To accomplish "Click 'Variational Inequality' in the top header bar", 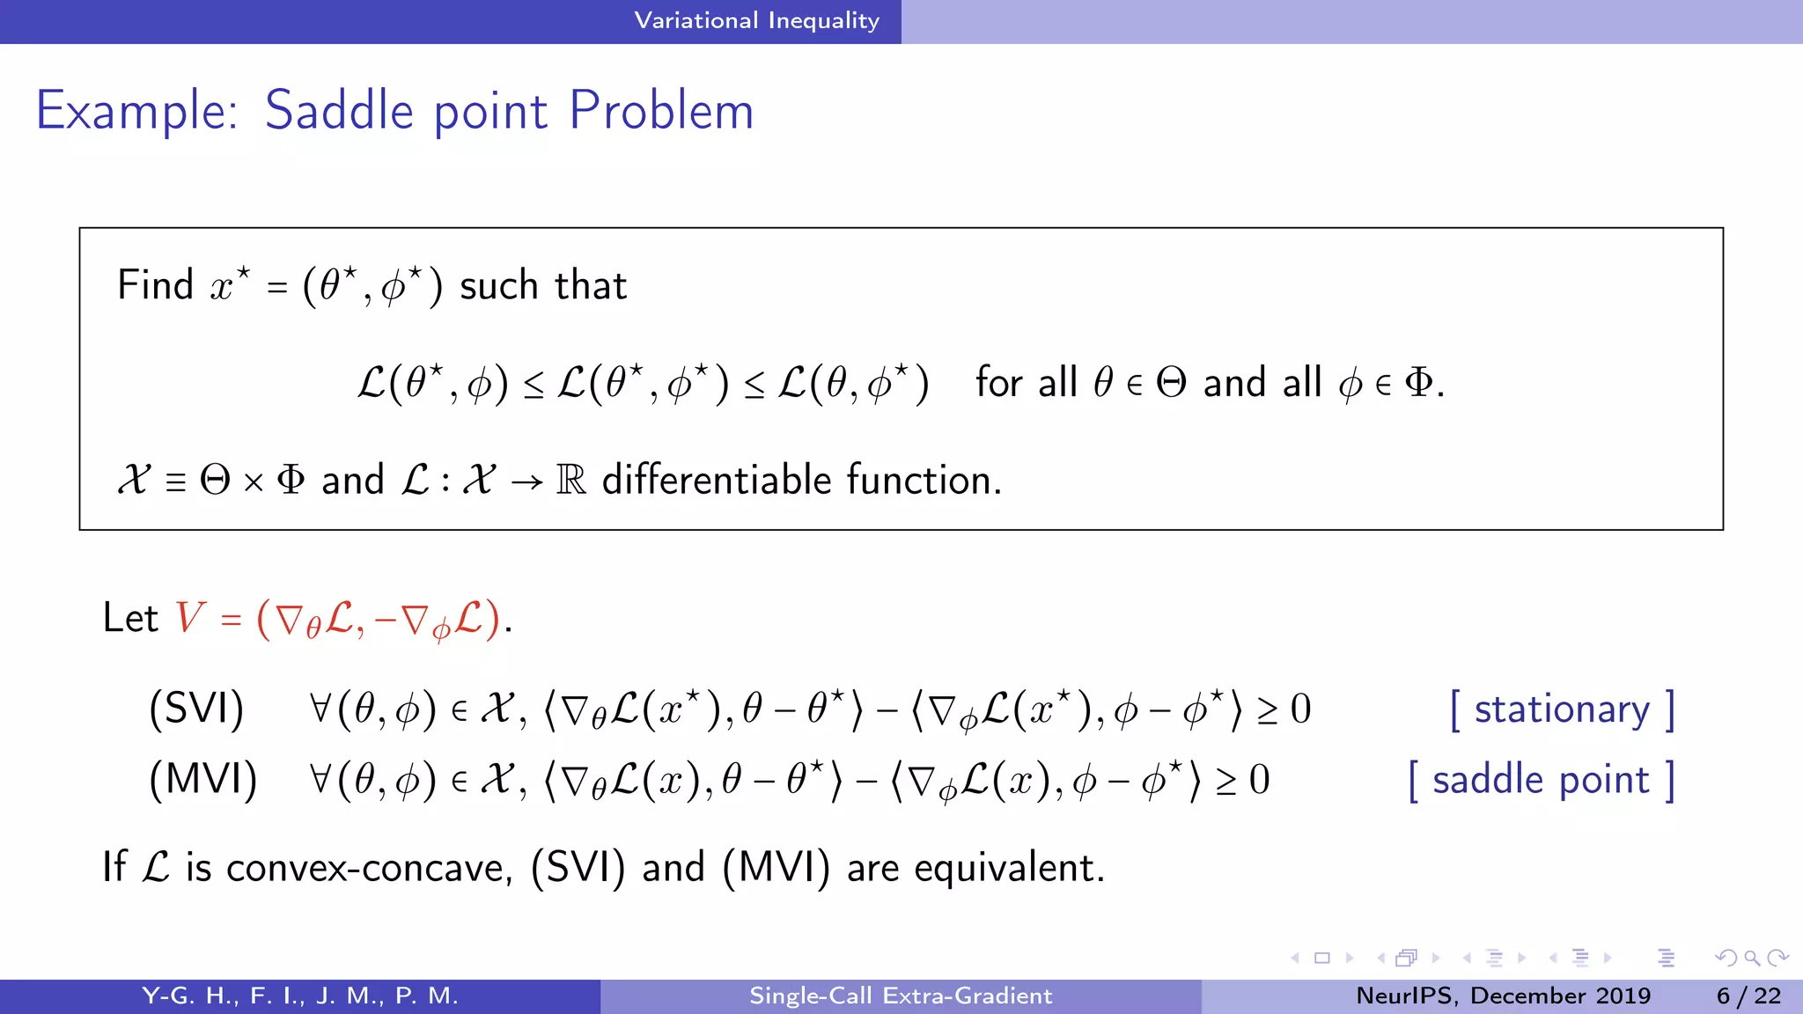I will (756, 20).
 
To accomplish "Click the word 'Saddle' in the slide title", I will (339, 111).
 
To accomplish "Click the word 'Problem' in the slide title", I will (661, 111).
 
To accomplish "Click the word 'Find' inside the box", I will (155, 285).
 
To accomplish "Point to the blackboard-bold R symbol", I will (570, 481).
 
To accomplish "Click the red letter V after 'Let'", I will (189, 617).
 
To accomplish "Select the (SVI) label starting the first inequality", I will (196, 709).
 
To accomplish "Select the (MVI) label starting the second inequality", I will (203, 780).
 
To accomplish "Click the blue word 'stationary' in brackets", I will (1562, 709).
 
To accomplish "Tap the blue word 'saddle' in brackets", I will (1487, 780).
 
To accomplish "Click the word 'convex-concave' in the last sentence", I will (369, 868).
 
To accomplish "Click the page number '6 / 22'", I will (1748, 996).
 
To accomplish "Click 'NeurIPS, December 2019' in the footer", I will (1503, 996).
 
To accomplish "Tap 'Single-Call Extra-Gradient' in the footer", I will (901, 996).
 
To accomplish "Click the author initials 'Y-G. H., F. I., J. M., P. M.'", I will (300, 996).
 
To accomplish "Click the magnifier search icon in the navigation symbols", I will (1752, 958).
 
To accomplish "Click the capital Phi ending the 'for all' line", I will (1417, 383).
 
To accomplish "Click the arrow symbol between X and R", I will (526, 482).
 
